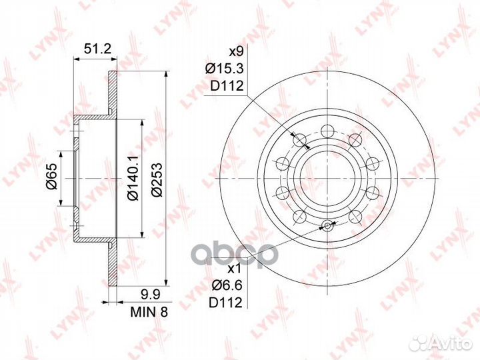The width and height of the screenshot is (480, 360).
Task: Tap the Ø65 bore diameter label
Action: point(51,177)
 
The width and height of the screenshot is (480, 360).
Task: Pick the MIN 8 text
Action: point(149,312)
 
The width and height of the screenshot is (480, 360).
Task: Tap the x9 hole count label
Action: point(236,52)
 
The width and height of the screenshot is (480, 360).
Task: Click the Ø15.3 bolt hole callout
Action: point(225,69)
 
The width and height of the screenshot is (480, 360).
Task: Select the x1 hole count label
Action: point(235,269)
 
